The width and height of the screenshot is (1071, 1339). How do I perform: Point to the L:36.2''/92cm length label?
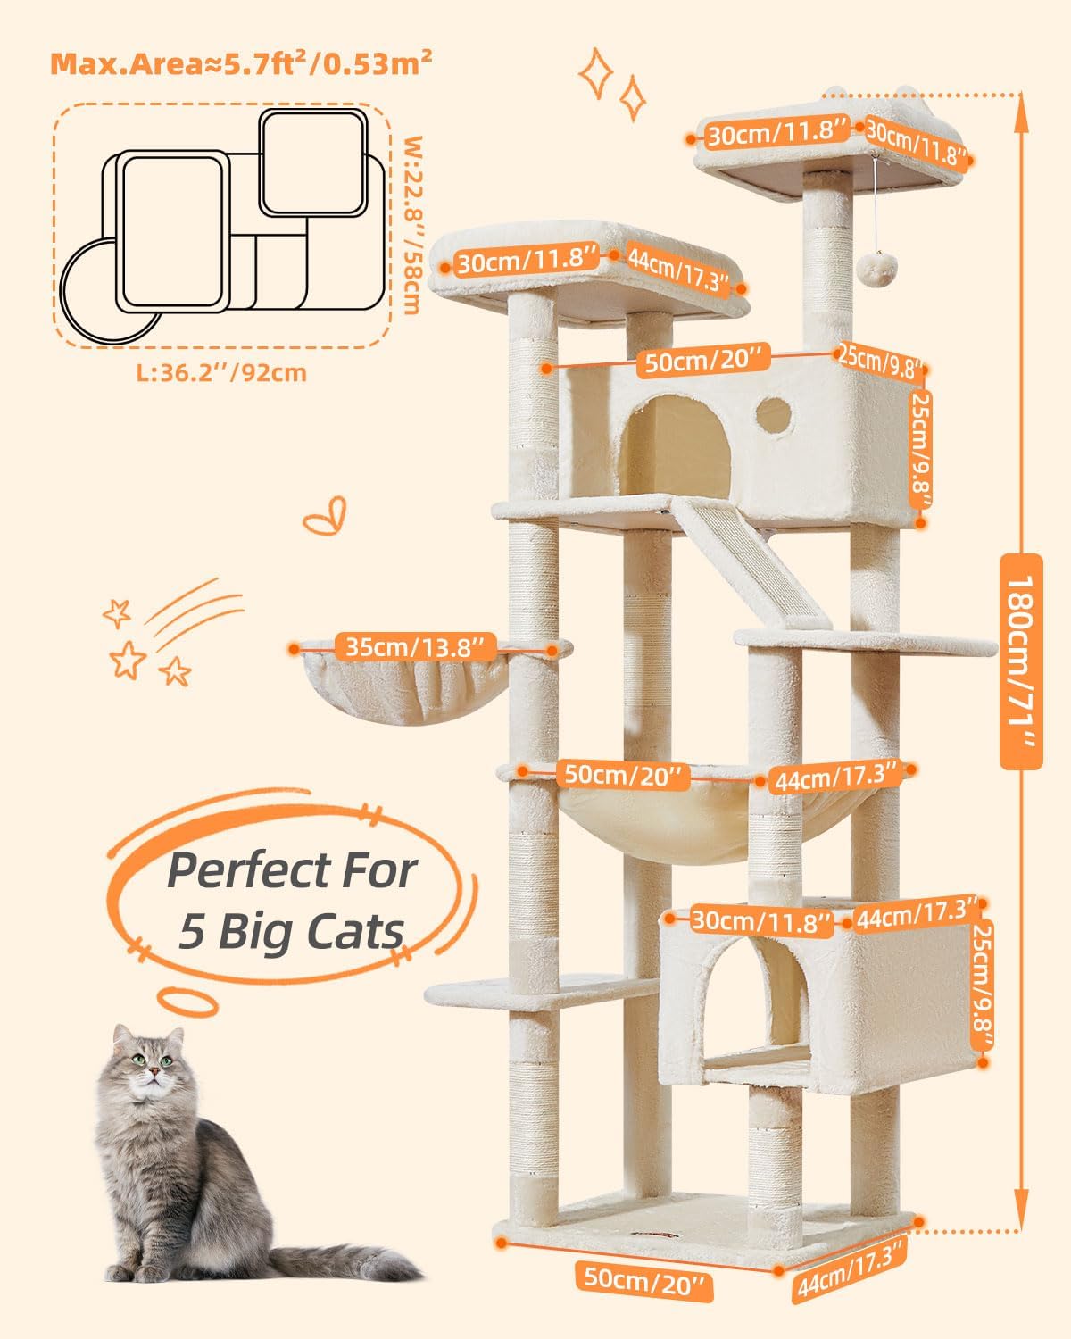(x=221, y=372)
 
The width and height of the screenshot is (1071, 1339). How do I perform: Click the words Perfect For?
(x=293, y=869)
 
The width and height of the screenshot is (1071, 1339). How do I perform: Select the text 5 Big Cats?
(x=291, y=932)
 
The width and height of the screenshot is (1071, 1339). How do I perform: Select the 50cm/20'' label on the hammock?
(x=621, y=774)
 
